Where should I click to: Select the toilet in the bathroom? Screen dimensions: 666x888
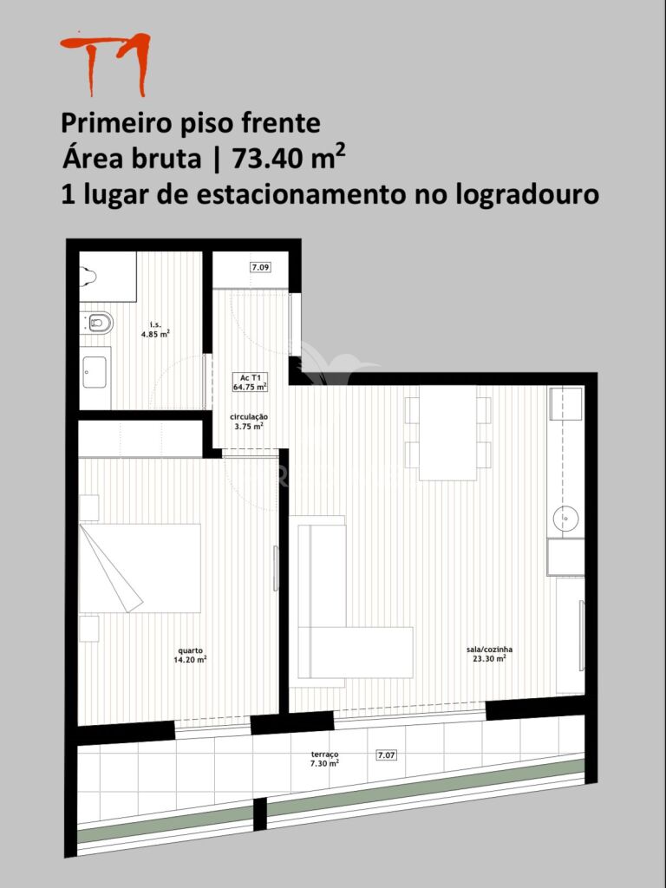[x=101, y=323]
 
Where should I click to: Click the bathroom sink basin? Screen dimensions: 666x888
[x=95, y=372]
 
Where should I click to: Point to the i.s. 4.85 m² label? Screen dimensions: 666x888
[x=156, y=330]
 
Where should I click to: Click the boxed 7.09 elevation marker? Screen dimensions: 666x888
[x=260, y=267]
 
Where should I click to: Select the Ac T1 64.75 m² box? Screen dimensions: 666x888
[x=250, y=382]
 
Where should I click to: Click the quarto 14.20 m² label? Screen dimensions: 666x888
[x=190, y=656]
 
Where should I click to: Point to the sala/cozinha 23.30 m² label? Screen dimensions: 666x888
[x=489, y=654]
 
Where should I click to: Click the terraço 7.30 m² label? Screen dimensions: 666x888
[x=325, y=759]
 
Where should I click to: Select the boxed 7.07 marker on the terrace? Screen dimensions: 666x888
[x=386, y=755]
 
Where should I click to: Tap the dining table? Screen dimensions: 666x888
[x=448, y=433]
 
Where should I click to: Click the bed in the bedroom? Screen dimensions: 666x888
[x=140, y=568]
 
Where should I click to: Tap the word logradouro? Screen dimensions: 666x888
[x=526, y=195]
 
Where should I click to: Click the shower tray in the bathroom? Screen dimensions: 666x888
[x=108, y=277]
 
